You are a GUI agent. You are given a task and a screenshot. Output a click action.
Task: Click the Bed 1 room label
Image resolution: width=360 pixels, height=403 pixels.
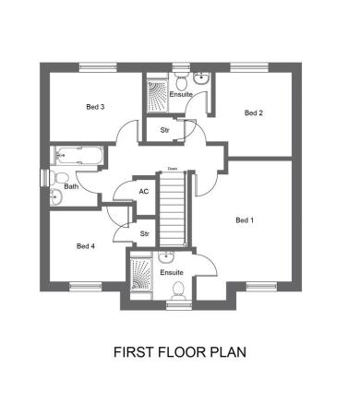(245, 220)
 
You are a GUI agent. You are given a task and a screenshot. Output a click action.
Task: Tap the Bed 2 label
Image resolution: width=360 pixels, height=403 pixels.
(254, 113)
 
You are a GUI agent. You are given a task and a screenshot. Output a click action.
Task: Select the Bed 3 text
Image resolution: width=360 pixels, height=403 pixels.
(95, 107)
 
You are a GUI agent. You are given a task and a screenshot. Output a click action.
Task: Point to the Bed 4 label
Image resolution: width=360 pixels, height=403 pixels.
(86, 246)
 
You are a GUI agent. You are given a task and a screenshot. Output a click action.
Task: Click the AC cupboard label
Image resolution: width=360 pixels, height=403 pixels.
(144, 192)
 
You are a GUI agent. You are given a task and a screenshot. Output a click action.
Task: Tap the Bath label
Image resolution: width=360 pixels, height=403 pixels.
(71, 186)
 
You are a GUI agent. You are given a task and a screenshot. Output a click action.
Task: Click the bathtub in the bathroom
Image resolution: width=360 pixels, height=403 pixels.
(78, 156)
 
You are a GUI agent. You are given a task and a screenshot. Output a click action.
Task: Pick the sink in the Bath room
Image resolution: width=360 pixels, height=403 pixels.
(56, 196)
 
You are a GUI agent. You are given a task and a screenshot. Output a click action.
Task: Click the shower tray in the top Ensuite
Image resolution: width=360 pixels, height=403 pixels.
(157, 96)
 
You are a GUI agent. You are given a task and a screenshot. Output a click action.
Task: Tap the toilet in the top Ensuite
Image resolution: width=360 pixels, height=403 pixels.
(181, 80)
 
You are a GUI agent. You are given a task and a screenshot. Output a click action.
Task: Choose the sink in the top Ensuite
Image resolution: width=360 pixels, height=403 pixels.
(201, 78)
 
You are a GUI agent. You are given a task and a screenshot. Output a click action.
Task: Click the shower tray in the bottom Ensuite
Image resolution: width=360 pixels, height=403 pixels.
(141, 275)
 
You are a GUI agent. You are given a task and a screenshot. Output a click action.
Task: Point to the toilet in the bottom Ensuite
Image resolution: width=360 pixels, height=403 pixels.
(178, 290)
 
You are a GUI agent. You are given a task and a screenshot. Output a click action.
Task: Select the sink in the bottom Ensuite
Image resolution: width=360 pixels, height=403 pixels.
(166, 257)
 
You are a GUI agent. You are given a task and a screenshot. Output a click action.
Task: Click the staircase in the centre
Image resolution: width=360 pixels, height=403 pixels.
(173, 209)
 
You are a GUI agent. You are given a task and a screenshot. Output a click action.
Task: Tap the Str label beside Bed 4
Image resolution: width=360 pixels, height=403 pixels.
(145, 234)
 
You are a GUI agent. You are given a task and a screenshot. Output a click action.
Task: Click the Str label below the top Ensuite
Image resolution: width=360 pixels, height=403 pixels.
(164, 130)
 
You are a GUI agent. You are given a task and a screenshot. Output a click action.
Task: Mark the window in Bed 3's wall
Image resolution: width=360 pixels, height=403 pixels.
(98, 67)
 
